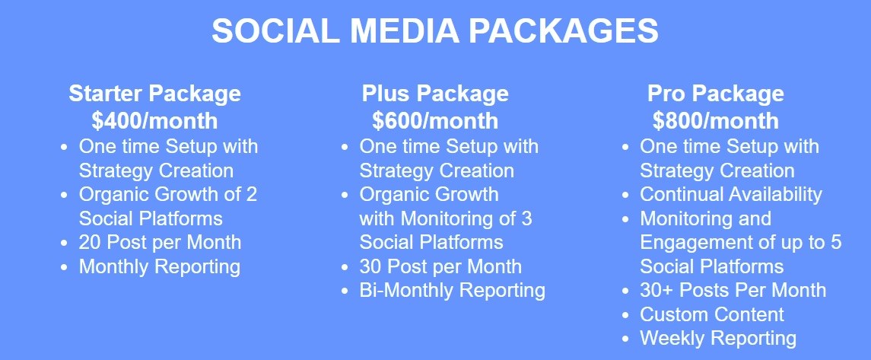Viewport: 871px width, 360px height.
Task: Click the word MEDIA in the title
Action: (405, 31)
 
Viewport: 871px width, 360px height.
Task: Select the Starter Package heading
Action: (155, 94)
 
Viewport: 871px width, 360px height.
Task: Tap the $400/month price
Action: (154, 120)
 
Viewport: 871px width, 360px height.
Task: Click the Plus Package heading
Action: (435, 94)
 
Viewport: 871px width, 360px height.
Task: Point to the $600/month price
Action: (435, 120)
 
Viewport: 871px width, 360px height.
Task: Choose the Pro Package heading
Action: (716, 94)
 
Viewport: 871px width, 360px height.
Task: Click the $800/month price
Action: (716, 120)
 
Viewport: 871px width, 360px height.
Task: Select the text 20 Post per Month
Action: (160, 242)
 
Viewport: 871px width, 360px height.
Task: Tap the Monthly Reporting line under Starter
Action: (160, 266)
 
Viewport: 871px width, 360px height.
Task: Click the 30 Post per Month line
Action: (440, 266)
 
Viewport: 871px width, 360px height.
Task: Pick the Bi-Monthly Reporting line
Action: (452, 291)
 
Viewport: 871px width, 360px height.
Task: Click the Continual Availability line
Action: (731, 194)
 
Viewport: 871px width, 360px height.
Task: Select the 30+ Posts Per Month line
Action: (733, 290)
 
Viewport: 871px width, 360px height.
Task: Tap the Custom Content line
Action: (712, 314)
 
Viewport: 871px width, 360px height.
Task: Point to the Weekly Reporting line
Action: (718, 339)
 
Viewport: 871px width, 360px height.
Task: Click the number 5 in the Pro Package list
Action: (836, 243)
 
